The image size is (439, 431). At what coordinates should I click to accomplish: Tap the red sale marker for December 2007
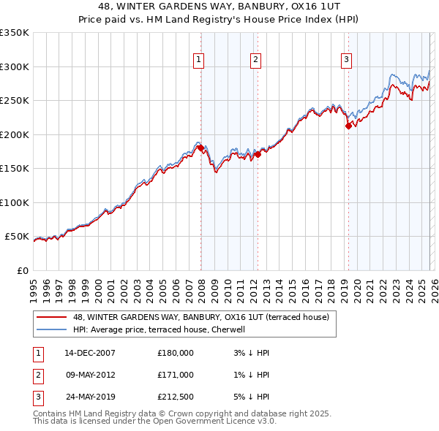[x=200, y=148]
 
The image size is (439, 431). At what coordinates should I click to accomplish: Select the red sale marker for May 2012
[x=257, y=154]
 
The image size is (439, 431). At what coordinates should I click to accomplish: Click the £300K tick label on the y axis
[x=15, y=66]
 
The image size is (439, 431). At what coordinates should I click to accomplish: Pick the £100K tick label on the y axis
[x=15, y=202]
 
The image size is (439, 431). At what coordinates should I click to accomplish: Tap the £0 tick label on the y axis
[x=22, y=270]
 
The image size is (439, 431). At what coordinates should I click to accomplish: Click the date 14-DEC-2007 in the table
[x=90, y=353]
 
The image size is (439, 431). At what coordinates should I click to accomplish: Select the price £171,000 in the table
[x=176, y=375]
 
